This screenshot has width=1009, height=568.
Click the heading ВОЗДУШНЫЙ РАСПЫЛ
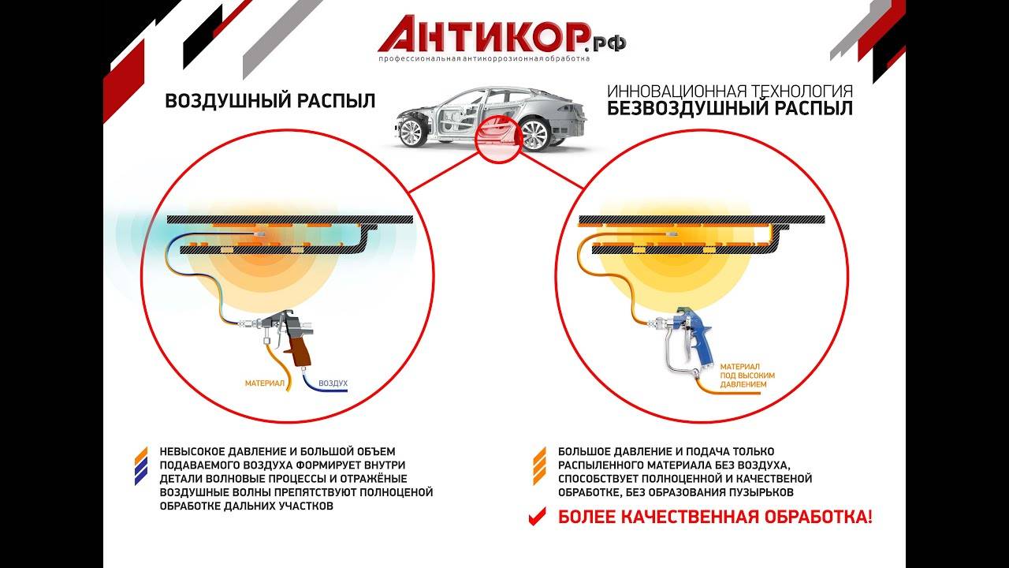(270, 102)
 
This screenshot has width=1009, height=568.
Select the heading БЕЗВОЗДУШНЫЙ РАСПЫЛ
(729, 109)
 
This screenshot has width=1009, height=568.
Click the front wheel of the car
(417, 131)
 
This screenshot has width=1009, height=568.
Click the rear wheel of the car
(533, 131)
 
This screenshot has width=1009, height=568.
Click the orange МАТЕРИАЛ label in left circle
(263, 383)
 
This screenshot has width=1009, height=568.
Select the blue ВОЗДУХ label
(333, 383)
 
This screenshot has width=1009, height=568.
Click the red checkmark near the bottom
(537, 517)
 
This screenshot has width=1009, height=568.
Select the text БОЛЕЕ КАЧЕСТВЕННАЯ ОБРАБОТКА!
(715, 518)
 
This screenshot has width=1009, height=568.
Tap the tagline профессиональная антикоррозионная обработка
(483, 59)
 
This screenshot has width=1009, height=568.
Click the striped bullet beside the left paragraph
(141, 465)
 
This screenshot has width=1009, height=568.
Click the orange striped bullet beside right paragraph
(540, 465)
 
